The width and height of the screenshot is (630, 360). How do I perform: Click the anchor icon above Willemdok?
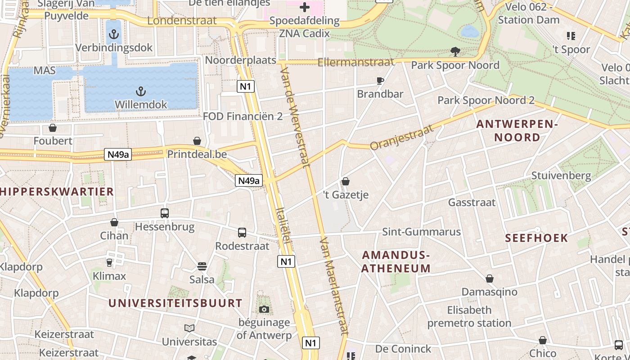[141, 92]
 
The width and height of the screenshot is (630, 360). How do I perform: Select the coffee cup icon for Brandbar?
[380, 81]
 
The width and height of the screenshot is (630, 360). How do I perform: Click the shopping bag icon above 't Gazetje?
[346, 181]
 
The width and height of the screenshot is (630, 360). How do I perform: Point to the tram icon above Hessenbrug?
[165, 213]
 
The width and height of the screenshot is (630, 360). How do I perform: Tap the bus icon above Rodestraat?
[242, 233]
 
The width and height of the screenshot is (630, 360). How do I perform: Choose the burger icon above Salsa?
[202, 266]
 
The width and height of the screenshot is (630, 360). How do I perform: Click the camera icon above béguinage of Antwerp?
[264, 309]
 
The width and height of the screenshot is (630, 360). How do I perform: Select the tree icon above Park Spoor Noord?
[455, 52]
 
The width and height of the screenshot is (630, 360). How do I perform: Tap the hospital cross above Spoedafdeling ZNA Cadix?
[305, 7]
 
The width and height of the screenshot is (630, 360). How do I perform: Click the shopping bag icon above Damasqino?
[489, 279]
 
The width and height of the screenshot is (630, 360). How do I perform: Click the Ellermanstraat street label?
[355, 62]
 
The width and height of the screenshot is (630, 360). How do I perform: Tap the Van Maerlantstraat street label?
[334, 286]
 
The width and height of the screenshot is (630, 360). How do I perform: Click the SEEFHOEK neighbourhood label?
[536, 238]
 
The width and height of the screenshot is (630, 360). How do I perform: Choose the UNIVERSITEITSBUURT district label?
[175, 303]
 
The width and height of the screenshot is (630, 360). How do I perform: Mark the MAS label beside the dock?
[45, 71]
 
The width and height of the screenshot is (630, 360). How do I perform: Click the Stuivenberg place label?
[561, 175]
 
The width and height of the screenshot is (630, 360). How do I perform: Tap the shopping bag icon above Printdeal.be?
[197, 141]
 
